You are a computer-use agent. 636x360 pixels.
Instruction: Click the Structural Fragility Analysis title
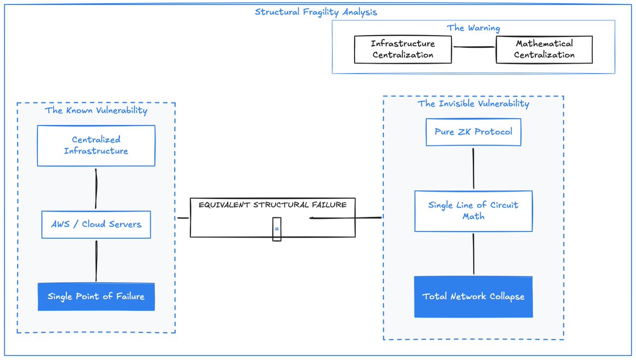point(316,12)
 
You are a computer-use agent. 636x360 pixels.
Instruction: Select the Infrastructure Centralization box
point(403,49)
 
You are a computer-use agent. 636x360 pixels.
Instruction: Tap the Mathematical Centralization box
point(544,49)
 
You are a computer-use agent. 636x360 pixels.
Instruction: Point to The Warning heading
point(473,28)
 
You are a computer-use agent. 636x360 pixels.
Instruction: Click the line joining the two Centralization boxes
point(474,47)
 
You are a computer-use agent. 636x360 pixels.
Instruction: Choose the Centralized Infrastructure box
point(96,145)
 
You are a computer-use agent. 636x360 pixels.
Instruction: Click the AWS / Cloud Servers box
point(96,224)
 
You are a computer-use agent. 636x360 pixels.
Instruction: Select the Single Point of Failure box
point(96,296)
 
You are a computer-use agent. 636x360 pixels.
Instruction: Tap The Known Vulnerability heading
point(96,110)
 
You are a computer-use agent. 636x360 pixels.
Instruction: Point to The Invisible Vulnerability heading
point(473,103)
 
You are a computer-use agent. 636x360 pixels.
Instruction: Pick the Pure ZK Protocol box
point(473,132)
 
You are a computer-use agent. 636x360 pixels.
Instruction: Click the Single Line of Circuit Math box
point(473,211)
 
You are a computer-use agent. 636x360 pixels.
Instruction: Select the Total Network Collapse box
point(473,296)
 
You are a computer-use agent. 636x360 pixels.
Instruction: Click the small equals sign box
point(277,229)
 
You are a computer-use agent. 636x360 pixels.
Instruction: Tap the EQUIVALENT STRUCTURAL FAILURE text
point(272,205)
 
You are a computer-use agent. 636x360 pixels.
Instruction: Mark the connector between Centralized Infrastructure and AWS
point(96,189)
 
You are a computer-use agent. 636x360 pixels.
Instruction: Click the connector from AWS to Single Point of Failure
point(96,261)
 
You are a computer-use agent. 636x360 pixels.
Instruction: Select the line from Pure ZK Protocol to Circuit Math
point(473,169)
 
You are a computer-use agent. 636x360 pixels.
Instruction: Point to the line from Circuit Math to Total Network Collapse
point(473,254)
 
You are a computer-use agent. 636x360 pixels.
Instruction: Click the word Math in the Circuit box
point(473,216)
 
